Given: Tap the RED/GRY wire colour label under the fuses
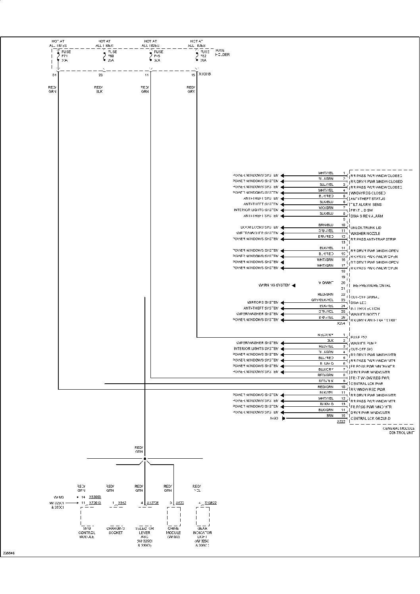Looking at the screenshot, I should (191, 89).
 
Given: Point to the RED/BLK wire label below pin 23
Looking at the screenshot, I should (98, 89).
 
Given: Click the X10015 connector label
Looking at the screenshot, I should (205, 74).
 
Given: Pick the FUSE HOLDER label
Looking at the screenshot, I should (222, 52).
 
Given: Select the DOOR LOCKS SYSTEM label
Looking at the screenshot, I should (257, 227).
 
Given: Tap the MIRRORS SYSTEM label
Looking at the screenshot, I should (263, 302).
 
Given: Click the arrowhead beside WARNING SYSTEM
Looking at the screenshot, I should (294, 285).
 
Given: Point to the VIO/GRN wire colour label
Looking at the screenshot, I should (326, 208).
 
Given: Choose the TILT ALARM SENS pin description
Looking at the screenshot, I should (366, 205).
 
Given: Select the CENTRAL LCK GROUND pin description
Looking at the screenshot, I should (370, 419).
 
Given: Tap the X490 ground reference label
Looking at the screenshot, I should (274, 418).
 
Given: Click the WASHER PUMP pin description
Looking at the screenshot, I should (363, 343).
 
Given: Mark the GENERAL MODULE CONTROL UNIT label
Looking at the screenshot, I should (398, 431).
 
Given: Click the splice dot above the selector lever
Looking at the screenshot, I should (145, 459).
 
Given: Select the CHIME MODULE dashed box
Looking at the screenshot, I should (173, 516).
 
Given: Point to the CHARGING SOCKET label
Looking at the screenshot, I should (116, 531).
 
